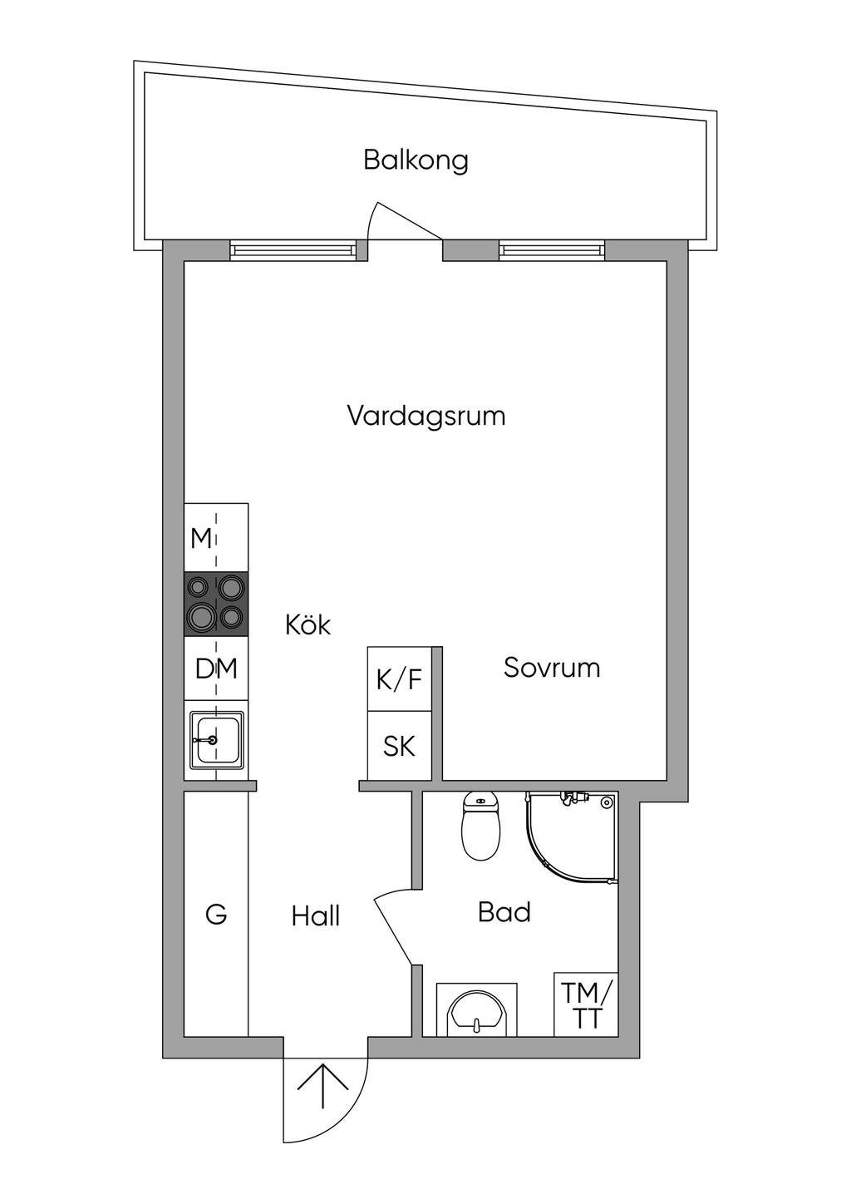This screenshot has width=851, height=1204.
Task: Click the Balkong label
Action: click(x=416, y=160)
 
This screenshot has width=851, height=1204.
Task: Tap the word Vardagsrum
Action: click(x=425, y=415)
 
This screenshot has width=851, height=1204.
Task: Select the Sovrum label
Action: click(x=551, y=668)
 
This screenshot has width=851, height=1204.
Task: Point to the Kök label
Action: click(x=307, y=624)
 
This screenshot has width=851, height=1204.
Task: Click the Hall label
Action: click(x=316, y=916)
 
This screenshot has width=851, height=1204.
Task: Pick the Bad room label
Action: click(x=504, y=912)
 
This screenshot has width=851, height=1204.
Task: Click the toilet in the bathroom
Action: click(x=480, y=827)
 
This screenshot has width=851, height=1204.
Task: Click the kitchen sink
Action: click(x=216, y=739)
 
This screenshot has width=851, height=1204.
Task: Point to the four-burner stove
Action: click(x=216, y=604)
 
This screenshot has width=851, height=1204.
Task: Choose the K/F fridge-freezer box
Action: click(x=400, y=679)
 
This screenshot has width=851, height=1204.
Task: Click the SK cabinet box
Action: click(x=400, y=746)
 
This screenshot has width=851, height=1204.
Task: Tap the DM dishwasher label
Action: click(x=216, y=668)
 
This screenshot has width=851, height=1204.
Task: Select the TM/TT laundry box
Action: click(x=587, y=1004)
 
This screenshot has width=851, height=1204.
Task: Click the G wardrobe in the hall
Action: click(x=216, y=915)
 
